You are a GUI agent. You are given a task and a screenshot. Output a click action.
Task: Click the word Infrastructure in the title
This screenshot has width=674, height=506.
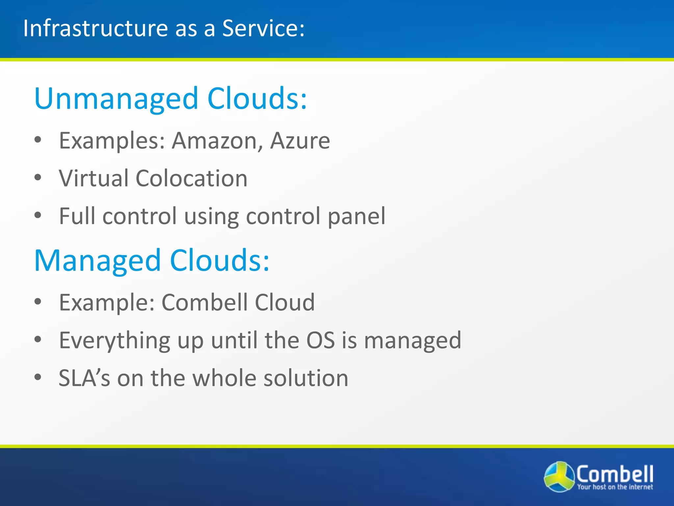(95, 28)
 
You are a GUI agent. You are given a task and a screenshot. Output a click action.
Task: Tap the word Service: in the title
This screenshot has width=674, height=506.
(263, 28)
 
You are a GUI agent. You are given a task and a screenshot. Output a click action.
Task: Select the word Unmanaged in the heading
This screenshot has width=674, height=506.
(116, 99)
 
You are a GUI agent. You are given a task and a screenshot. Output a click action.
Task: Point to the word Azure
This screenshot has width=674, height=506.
(300, 141)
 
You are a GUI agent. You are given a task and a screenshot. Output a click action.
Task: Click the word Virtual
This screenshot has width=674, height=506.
(93, 179)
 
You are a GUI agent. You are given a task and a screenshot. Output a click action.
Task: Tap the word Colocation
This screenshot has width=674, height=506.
(191, 179)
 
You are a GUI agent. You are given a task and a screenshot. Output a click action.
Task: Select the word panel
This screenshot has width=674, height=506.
(356, 216)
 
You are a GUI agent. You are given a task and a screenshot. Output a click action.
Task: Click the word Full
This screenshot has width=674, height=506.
(77, 216)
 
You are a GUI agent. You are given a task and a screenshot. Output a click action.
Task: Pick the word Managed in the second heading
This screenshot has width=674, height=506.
(97, 261)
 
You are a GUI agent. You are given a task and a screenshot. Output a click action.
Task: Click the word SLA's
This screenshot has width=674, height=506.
(84, 378)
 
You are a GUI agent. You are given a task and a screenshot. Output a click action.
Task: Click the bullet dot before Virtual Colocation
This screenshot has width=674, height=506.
(38, 178)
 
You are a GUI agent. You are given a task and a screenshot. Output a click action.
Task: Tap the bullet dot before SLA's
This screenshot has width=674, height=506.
(38, 377)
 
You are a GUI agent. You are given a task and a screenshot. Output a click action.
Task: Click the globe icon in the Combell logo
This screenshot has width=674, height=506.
(559, 477)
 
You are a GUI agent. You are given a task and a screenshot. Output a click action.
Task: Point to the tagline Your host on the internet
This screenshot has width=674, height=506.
(615, 487)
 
